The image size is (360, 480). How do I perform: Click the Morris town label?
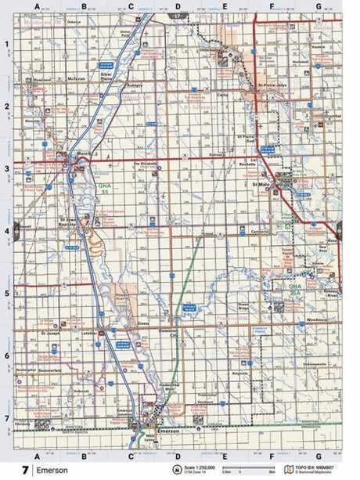point(82,154)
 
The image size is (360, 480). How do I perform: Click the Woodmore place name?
point(317,320)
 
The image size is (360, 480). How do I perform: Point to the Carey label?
point(221,94)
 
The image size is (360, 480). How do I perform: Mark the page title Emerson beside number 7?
point(52,471)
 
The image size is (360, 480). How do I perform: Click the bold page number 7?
point(27,471)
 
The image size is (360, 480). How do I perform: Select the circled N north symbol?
point(176,470)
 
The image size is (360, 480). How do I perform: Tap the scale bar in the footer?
point(235,471)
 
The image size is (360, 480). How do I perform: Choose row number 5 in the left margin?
point(6,294)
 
